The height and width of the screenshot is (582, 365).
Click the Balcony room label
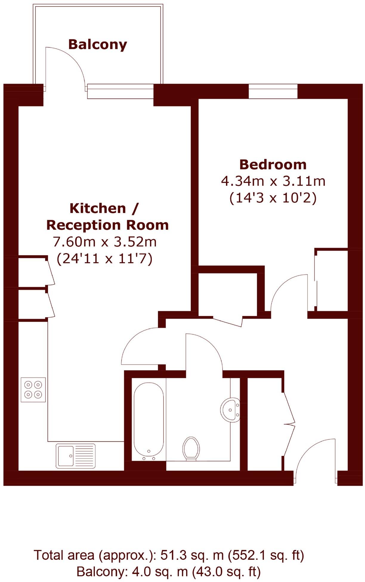tap(98, 45)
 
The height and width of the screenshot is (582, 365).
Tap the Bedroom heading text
tap(273, 164)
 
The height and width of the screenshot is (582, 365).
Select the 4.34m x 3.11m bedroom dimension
tap(273, 181)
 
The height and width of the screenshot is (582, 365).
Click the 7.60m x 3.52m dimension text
tap(105, 242)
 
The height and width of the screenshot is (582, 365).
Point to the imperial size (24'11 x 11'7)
tap(105, 258)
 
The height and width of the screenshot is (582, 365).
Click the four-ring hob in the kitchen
tap(33, 390)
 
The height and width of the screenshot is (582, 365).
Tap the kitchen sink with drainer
tap(75, 456)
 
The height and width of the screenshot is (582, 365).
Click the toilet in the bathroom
tap(191, 448)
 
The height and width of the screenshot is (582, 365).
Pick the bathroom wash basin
tap(230, 409)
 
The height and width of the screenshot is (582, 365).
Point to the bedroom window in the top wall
tap(273, 91)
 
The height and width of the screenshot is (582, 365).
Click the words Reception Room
tap(108, 225)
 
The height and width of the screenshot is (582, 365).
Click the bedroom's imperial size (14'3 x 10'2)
tap(273, 198)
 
